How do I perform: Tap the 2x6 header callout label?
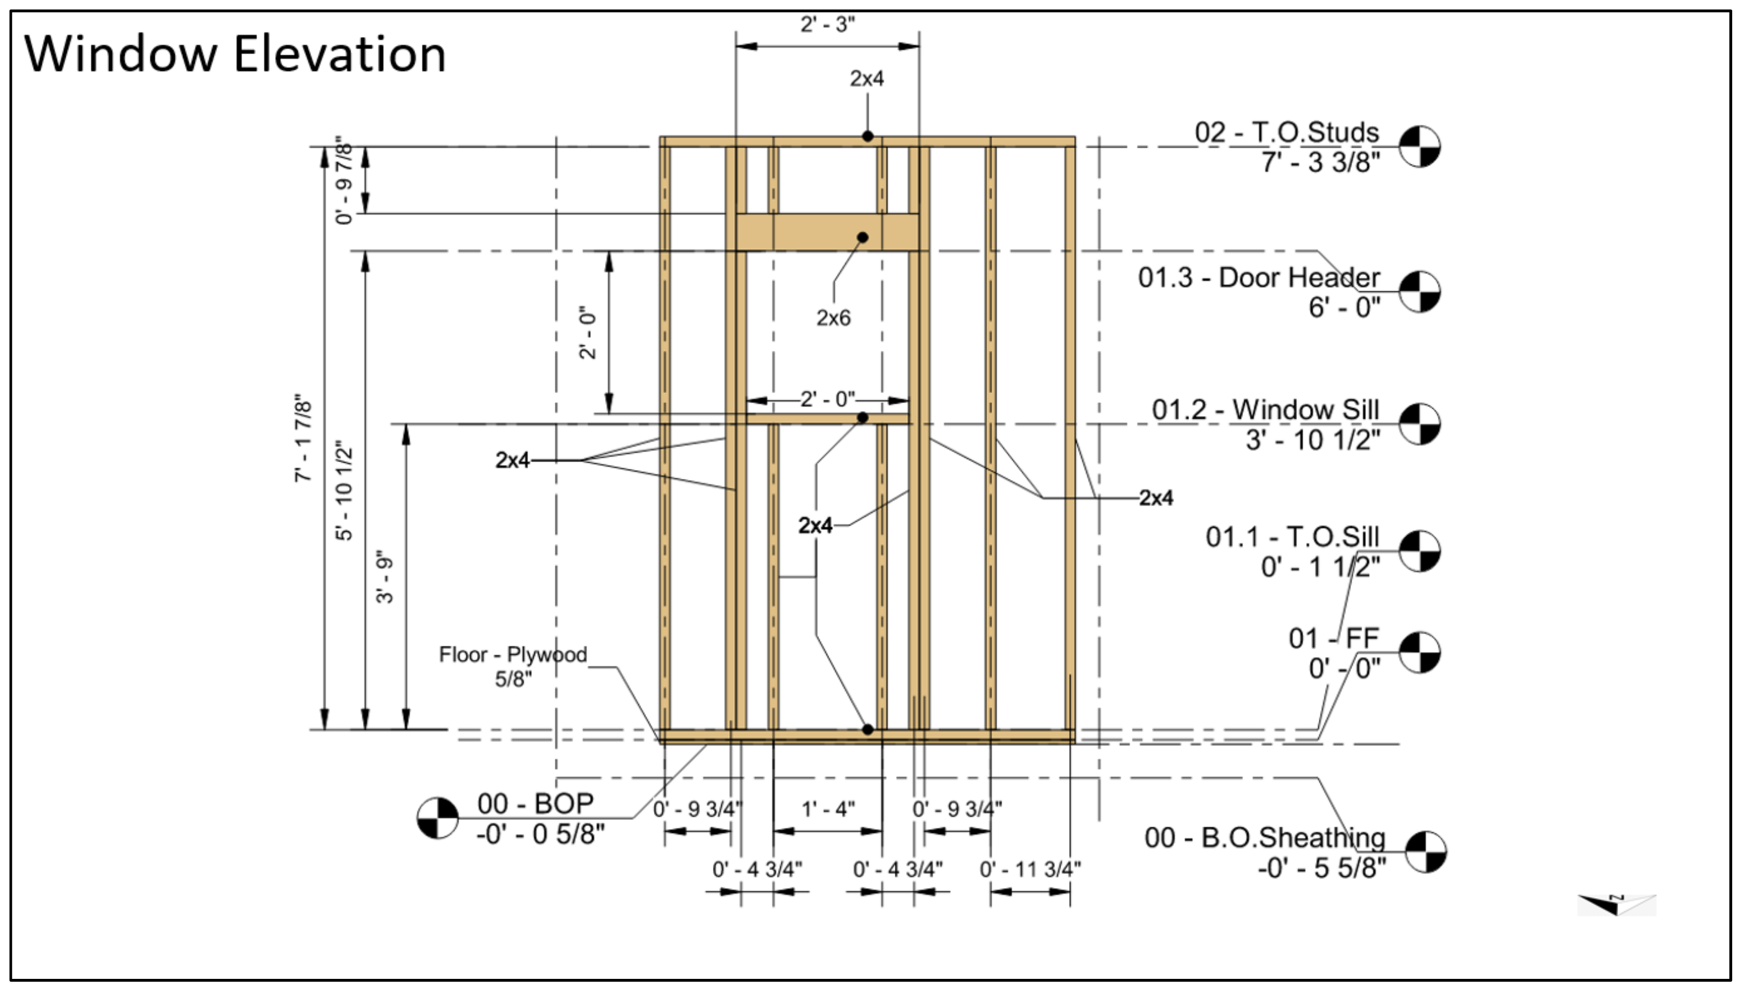click(833, 318)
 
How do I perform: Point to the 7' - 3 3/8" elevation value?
click(1321, 163)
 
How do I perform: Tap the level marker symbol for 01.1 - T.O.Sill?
click(1420, 551)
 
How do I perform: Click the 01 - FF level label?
click(1333, 639)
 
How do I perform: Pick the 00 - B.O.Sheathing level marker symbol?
click(1426, 851)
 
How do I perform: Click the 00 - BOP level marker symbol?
click(438, 818)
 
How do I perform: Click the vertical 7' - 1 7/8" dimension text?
click(303, 438)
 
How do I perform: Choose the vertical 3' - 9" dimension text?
click(385, 577)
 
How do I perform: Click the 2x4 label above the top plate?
click(867, 79)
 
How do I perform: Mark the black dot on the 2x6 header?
click(862, 237)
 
